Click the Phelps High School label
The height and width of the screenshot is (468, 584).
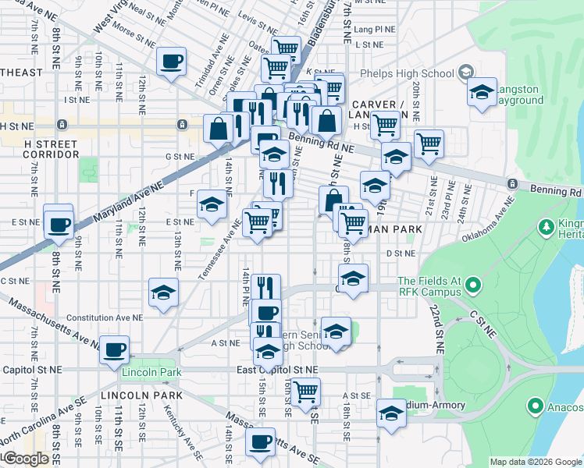(x=407, y=74)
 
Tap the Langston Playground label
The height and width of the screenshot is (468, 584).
(x=515, y=94)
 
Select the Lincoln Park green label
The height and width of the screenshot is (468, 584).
(x=151, y=373)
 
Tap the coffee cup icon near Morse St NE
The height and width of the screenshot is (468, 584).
(x=171, y=61)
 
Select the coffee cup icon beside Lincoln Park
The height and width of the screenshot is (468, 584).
(x=115, y=349)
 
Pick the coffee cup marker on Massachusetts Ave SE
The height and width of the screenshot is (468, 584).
(x=261, y=441)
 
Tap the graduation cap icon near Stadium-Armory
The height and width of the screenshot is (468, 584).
(x=391, y=413)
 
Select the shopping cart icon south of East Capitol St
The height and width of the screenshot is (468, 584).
(x=305, y=390)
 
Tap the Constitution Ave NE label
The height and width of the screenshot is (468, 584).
(x=105, y=318)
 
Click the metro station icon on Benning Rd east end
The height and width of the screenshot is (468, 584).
(x=512, y=183)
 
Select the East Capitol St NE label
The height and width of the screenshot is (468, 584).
(x=278, y=369)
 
